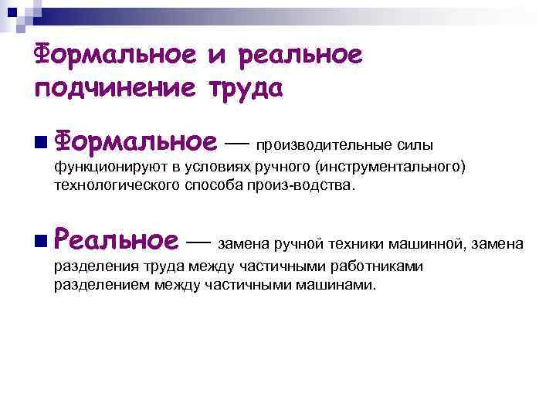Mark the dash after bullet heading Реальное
199,242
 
